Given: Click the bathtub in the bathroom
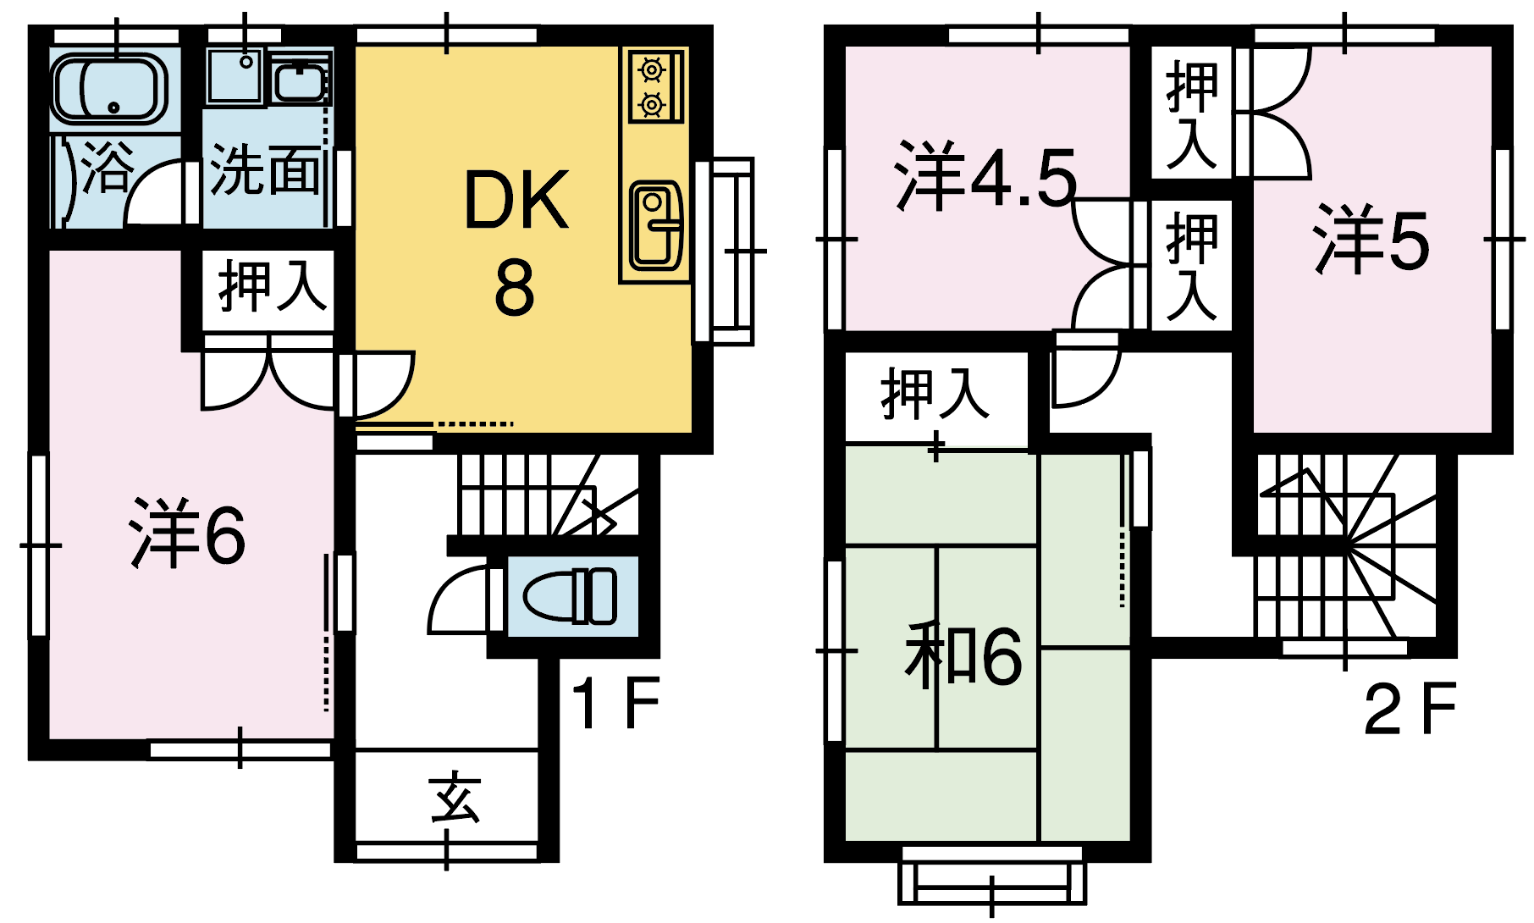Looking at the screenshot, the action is tap(108, 88).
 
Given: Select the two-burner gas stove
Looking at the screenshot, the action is tap(653, 86).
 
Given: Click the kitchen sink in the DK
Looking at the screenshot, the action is tap(655, 224).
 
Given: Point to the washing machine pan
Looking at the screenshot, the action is tap(237, 76).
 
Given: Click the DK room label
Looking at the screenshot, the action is tap(516, 201).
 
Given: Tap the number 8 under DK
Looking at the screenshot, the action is tap(515, 288).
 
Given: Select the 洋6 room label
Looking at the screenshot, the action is tap(188, 534).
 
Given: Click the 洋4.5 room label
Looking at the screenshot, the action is tap(985, 177).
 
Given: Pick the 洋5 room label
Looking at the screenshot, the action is tap(1371, 240).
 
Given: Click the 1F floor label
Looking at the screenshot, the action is tap(615, 704).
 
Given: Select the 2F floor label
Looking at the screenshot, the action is tap(1410, 710).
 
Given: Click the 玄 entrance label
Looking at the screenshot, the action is tap(455, 797).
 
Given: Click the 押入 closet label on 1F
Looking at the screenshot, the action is tap(273, 286).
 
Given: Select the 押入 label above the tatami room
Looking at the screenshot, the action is tap(935, 394).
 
